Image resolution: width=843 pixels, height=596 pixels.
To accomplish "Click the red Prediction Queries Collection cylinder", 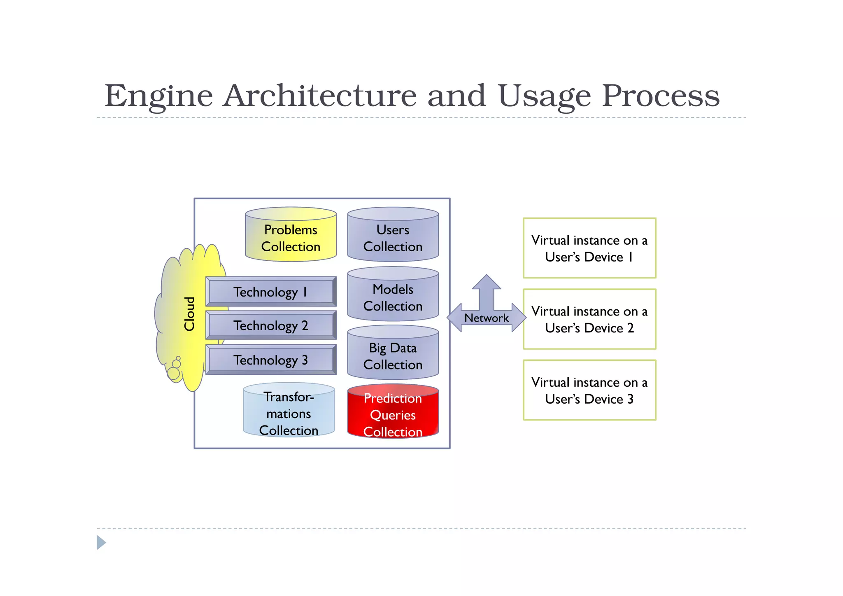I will (393, 414).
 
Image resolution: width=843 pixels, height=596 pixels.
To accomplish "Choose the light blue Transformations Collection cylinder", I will (289, 413).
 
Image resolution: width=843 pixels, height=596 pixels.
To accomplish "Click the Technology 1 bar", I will (270, 292).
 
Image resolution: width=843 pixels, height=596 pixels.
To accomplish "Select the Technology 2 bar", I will (270, 325).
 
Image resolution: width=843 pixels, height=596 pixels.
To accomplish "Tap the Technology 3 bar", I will (270, 360).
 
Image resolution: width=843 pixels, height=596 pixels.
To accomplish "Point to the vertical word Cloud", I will (189, 313).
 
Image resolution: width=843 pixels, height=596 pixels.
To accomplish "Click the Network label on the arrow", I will (486, 318).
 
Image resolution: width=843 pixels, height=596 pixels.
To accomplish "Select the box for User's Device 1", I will (589, 248).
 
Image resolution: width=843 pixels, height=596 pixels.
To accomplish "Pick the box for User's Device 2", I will (589, 319).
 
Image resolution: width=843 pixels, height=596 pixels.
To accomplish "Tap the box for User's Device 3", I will (589, 390).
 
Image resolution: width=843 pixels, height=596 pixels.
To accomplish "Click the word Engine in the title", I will (158, 96).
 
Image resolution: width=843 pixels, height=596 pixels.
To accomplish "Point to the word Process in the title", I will (660, 96).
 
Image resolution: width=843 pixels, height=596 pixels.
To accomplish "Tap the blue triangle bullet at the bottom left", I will (101, 542).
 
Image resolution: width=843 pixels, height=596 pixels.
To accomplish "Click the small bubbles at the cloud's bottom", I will (175, 369).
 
